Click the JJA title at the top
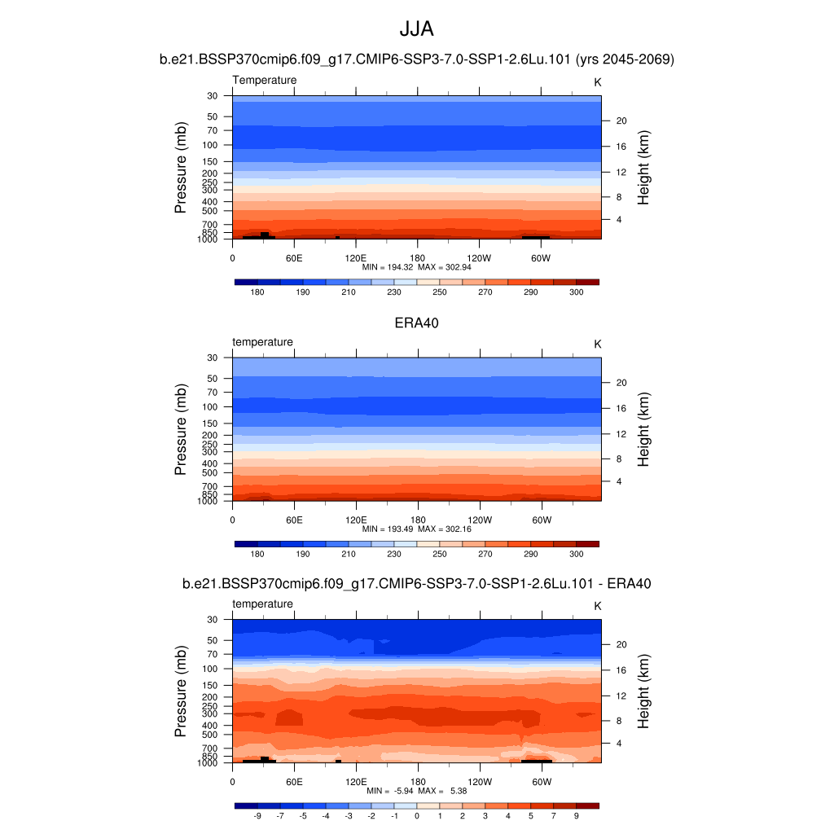(x=416, y=29)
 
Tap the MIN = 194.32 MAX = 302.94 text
(x=416, y=266)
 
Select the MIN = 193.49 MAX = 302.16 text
(x=416, y=529)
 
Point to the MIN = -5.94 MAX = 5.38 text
(x=416, y=791)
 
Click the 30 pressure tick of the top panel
(x=213, y=95)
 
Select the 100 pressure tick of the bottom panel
(x=209, y=669)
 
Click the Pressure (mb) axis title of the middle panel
(x=181, y=429)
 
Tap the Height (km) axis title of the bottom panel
(x=643, y=691)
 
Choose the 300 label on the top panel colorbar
(x=576, y=292)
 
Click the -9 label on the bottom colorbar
(x=257, y=815)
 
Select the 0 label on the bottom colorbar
(x=417, y=815)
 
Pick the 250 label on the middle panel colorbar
(x=440, y=554)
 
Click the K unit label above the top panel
(x=597, y=82)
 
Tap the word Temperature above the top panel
(x=265, y=80)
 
